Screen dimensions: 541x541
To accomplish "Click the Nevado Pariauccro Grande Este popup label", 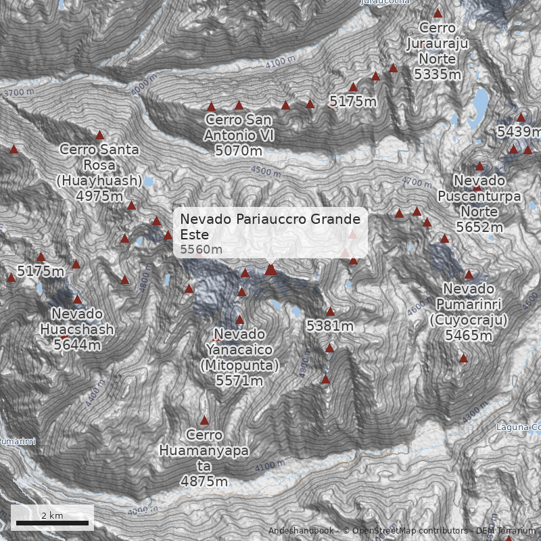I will tap(271, 233).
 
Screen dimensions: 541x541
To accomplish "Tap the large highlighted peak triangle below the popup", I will tap(270, 270).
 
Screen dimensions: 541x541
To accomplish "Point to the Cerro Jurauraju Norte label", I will tap(438, 51).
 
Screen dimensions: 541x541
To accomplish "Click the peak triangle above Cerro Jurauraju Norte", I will tap(438, 13).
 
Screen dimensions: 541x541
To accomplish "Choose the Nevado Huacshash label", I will tap(76, 329).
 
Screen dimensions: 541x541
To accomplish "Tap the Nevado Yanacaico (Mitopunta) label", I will tap(239, 358).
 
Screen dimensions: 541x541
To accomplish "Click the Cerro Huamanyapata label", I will tap(204, 458).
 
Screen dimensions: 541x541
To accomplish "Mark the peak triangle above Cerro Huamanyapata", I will tap(204, 420).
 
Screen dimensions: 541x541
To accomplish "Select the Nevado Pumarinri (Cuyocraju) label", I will tap(469, 312).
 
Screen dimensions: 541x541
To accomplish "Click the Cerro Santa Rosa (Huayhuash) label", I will tap(99, 172).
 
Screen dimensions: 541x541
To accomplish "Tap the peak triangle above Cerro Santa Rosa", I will tap(100, 135).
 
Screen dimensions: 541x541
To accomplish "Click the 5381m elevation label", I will tap(330, 326).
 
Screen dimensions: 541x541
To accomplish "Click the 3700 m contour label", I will tap(18, 92).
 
